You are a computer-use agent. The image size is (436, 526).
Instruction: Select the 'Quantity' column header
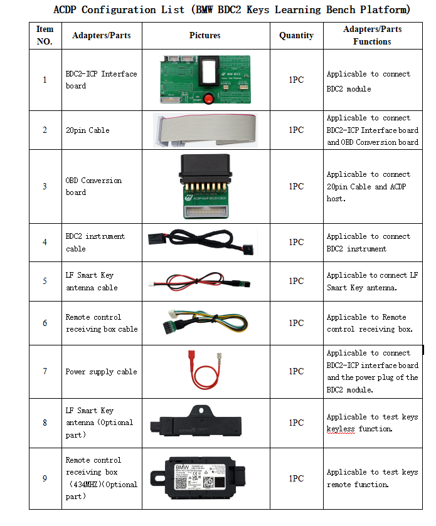(x=296, y=36)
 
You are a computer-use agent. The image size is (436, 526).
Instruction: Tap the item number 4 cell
(x=45, y=242)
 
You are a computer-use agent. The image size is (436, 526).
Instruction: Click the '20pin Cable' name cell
(x=88, y=130)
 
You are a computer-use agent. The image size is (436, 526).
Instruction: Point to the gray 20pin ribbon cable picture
(x=205, y=130)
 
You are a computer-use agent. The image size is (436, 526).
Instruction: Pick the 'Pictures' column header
(x=205, y=36)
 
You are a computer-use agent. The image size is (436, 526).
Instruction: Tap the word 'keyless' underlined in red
(x=341, y=429)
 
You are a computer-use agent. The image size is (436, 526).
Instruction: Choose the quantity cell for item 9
(x=296, y=478)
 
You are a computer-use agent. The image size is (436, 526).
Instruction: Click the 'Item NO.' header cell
(x=45, y=36)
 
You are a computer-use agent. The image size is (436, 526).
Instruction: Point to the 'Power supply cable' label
(x=101, y=372)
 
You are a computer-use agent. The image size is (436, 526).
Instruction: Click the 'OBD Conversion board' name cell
(x=94, y=186)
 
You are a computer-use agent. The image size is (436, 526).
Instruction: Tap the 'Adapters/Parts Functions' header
(x=372, y=36)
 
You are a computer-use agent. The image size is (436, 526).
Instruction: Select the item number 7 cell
(x=45, y=371)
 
